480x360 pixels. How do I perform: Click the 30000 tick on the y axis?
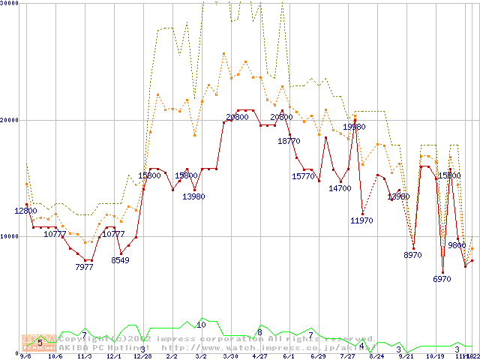[10, 4]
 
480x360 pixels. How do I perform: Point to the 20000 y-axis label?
[10, 119]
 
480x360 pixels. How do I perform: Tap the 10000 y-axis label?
[10, 236]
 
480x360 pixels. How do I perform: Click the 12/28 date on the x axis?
[142, 357]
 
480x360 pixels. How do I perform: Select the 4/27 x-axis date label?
[259, 357]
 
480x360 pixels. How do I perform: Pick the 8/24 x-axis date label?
[376, 357]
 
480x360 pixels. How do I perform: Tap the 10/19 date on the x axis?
[435, 357]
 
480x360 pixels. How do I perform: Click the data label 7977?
[84, 267]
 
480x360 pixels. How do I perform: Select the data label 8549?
[120, 260]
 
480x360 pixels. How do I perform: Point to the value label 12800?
[25, 211]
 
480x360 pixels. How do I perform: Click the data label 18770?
[289, 140]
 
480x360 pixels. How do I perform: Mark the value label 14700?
[340, 188]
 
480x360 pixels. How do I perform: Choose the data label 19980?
[354, 127]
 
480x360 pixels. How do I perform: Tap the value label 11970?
[361, 220]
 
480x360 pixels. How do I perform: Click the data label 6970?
[442, 279]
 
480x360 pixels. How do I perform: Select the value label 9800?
[457, 244]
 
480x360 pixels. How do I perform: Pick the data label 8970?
[412, 255]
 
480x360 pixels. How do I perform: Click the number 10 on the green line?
[201, 325]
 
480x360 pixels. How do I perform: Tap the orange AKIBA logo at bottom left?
[38, 342]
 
